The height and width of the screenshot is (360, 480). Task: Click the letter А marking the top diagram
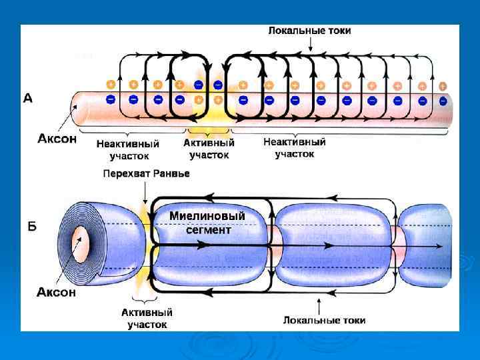[27, 98]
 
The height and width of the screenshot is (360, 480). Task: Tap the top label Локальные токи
[309, 31]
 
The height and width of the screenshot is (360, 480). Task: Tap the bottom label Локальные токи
[324, 320]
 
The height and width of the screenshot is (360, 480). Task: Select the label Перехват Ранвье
[146, 173]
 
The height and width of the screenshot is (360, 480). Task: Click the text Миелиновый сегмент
[207, 223]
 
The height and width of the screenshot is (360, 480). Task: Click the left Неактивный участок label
[127, 149]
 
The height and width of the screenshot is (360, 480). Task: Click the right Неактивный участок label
[294, 147]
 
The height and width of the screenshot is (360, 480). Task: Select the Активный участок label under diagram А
[209, 149]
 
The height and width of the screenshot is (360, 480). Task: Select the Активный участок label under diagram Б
[147, 318]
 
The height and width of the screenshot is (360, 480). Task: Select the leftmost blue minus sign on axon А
[111, 99]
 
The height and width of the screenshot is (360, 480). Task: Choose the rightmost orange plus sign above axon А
[442, 86]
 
